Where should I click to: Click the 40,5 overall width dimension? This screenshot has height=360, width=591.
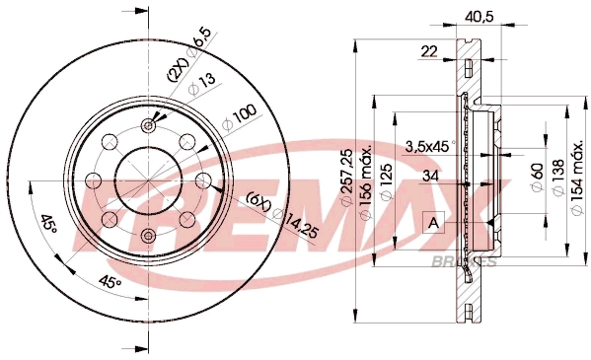click(478, 16)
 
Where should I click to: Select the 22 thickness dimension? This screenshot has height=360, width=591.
click(428, 52)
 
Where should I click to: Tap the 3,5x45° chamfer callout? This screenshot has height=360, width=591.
click(427, 146)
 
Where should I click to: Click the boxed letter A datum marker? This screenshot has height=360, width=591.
click(434, 223)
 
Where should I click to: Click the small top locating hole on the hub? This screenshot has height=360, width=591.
click(148, 125)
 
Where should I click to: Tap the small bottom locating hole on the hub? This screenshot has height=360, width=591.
click(148, 234)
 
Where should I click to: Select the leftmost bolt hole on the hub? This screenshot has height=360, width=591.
click(94, 180)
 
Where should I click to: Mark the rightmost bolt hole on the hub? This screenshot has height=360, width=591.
click(203, 180)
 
